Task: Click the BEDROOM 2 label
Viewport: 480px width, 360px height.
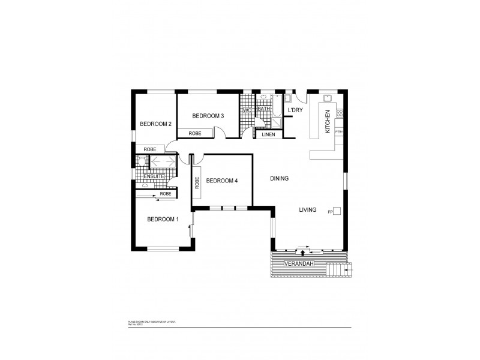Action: [x=156, y=124]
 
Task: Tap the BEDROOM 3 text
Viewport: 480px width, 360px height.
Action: [x=208, y=116]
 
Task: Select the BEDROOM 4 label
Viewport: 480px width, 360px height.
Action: [x=223, y=180]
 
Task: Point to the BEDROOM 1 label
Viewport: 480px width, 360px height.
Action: [x=163, y=219]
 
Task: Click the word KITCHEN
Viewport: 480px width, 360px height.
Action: [x=328, y=122]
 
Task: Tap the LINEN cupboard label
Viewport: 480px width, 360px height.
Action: [x=268, y=134]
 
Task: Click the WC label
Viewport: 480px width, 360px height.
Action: [x=247, y=111]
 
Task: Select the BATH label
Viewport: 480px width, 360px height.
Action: [x=263, y=109]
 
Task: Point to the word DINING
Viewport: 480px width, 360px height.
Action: [x=280, y=179]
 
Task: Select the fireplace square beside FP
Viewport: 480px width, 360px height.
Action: [x=337, y=211]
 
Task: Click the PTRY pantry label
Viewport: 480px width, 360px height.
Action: [x=339, y=131]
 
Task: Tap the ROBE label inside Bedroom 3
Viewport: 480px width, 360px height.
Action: [x=195, y=134]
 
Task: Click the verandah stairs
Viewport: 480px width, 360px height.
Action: [x=338, y=269]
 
